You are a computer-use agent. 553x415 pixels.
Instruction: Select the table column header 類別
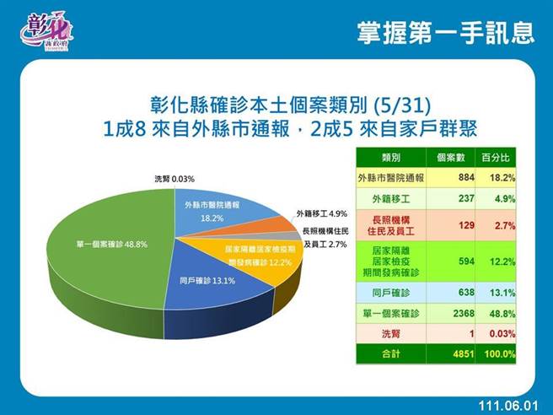coord(390,158)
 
